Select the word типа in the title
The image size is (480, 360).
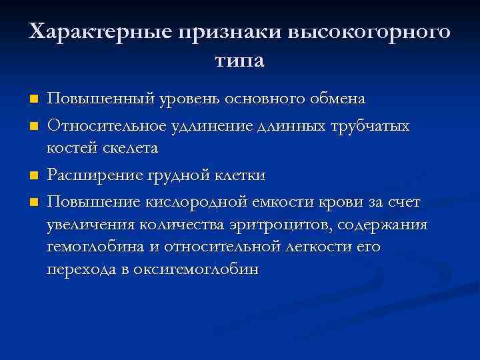240,61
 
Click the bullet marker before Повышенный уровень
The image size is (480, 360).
34,99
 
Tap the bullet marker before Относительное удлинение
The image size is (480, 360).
34,125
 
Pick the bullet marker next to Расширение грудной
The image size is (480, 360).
34,175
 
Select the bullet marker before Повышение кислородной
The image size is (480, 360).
34,201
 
